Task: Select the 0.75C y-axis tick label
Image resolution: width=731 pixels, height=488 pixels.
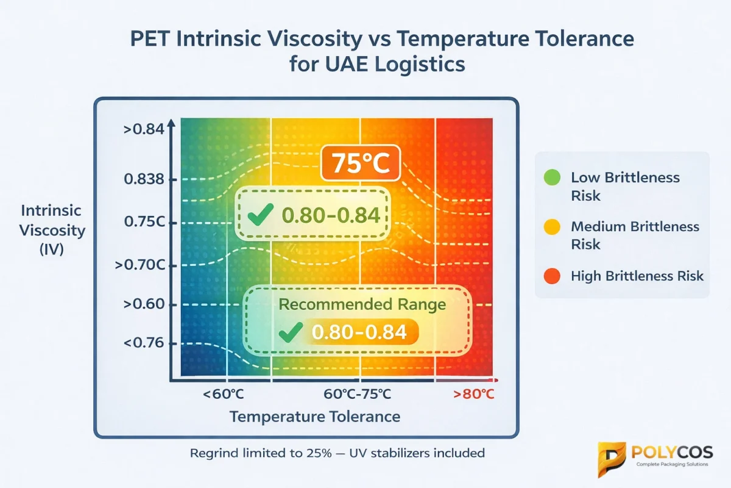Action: pyautogui.click(x=144, y=222)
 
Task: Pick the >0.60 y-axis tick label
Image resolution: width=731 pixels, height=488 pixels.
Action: pyautogui.click(x=144, y=304)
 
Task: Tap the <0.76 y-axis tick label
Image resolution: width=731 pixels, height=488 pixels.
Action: pyautogui.click(x=144, y=343)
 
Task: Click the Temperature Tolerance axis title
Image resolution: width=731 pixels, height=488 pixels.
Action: pyautogui.click(x=314, y=417)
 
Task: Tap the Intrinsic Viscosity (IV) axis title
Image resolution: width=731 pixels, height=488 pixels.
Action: pyautogui.click(x=52, y=230)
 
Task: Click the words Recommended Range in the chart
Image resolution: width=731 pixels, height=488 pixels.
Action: pyautogui.click(x=361, y=304)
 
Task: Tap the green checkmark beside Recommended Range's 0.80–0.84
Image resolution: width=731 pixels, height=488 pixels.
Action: pyautogui.click(x=289, y=332)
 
